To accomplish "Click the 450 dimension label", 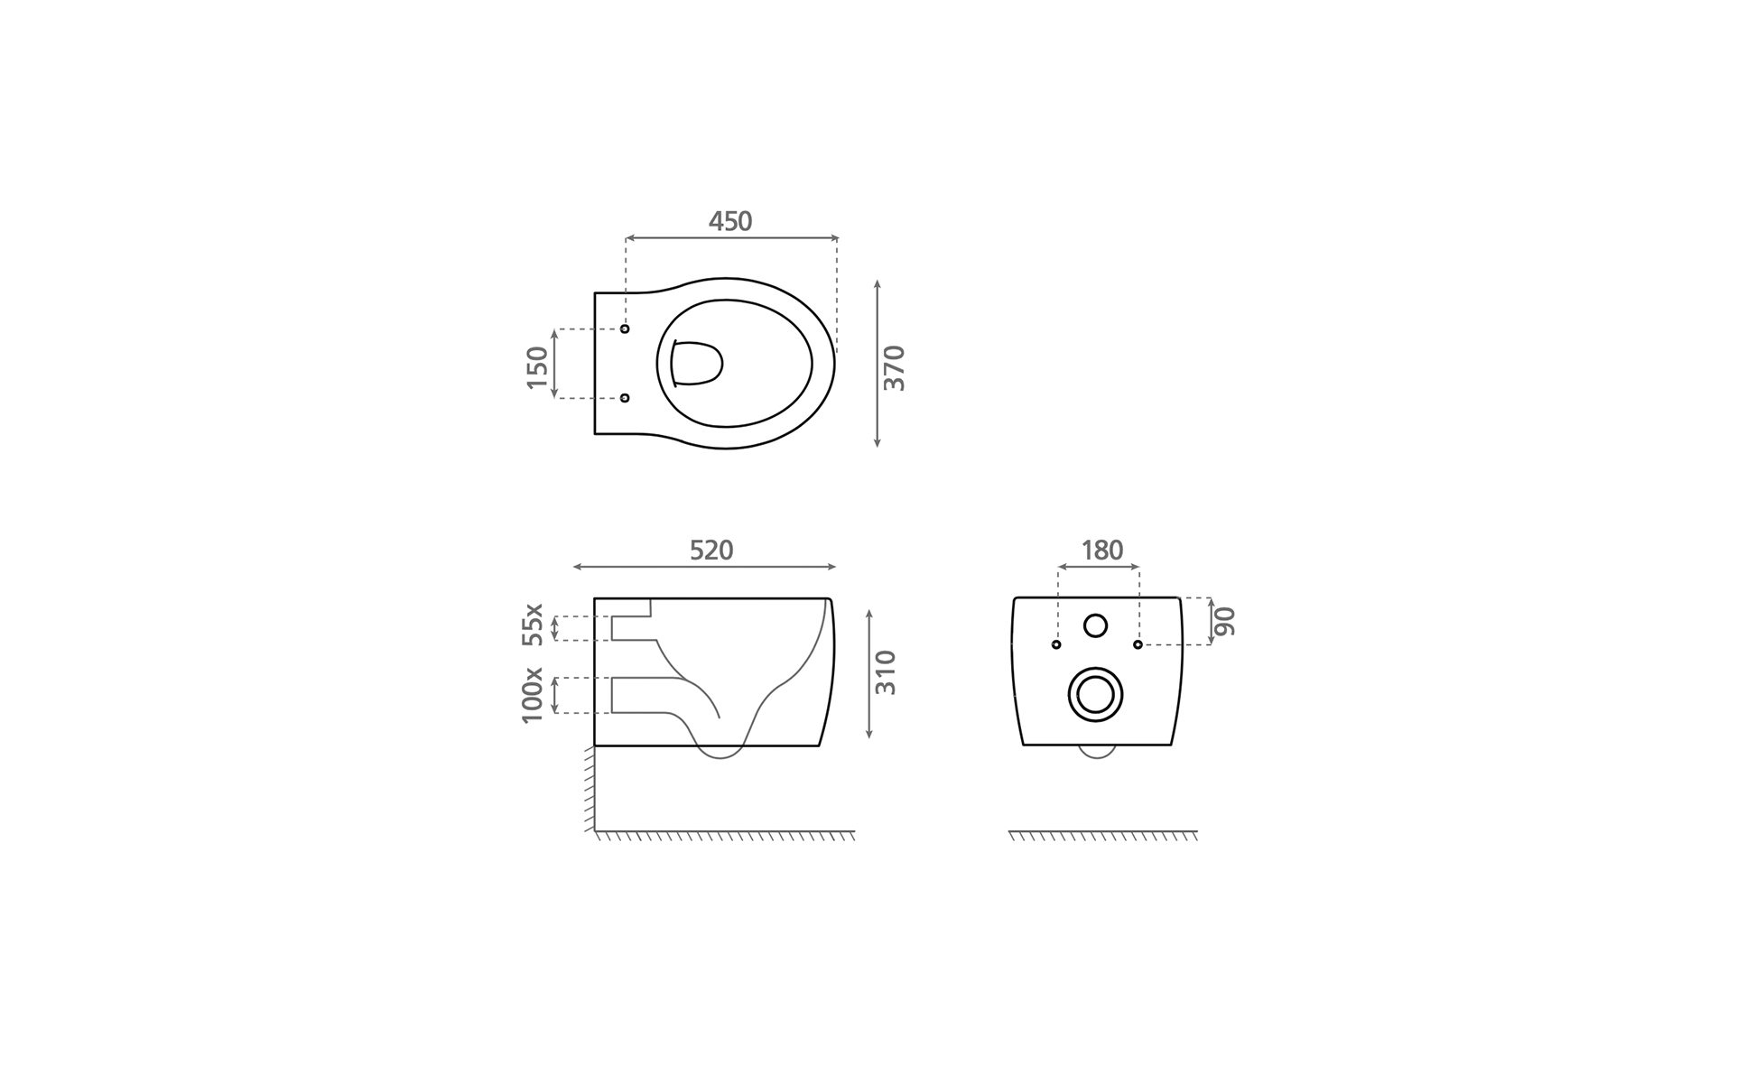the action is click(x=729, y=221).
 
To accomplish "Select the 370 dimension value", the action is click(x=894, y=367).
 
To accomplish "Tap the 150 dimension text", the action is click(x=537, y=367).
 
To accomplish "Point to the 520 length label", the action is click(x=711, y=551).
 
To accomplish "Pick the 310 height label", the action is click(x=886, y=672).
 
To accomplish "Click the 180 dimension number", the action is click(x=1101, y=551).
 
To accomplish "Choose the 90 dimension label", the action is click(x=1224, y=621).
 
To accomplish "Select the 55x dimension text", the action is click(x=533, y=625).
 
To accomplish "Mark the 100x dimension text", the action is click(x=533, y=695).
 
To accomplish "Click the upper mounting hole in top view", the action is click(x=625, y=329).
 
